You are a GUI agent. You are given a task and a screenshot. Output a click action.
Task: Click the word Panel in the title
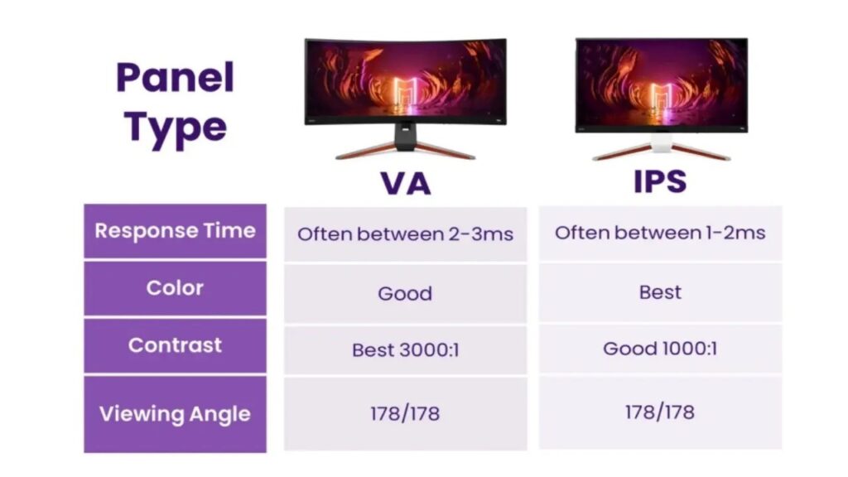176,78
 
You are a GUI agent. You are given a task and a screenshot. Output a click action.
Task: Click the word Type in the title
176,127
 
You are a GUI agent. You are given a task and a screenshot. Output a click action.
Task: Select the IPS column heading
660,181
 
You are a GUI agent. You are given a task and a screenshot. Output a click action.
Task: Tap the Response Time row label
175,231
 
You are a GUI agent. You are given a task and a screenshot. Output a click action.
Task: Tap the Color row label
175,288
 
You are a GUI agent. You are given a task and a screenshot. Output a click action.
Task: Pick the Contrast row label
175,345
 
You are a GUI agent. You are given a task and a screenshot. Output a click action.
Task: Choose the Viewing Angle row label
175,413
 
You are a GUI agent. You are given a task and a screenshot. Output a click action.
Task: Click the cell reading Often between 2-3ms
405,234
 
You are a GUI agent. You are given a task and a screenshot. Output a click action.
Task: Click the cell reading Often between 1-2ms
660,233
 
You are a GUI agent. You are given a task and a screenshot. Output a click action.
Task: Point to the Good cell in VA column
405,293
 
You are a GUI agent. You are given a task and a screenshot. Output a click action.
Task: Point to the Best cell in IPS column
660,292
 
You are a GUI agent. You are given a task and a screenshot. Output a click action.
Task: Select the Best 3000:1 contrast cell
405,350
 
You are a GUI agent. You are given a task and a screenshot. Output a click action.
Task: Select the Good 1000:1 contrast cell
660,349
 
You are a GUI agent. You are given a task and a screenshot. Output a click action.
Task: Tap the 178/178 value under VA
405,413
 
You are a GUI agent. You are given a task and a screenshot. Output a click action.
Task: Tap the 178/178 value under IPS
660,412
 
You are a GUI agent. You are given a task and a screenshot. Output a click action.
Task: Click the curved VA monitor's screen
405,81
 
